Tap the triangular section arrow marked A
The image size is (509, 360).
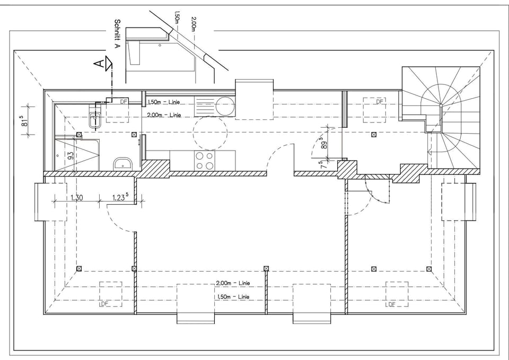[108, 64]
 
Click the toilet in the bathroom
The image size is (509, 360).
[95, 118]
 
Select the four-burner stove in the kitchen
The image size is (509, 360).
[205, 161]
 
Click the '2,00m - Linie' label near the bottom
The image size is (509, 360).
[233, 283]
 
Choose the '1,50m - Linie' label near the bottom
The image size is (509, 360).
[233, 296]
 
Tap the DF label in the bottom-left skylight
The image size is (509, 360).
[104, 304]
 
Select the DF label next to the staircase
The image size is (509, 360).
[380, 101]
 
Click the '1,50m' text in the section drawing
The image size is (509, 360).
[178, 21]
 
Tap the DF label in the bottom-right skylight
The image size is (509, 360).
[391, 304]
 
